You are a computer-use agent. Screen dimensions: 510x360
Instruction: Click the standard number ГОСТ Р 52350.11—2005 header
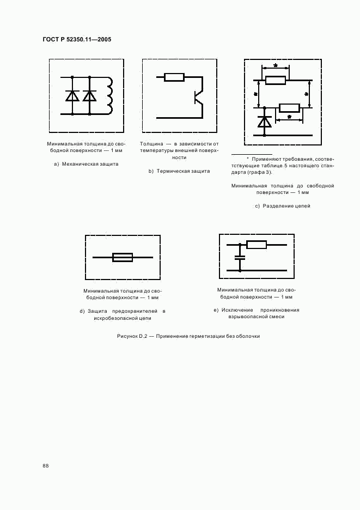coord(77,39)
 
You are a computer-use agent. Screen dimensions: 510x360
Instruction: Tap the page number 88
coord(46,466)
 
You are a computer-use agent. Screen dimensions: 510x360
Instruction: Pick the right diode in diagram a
coord(89,95)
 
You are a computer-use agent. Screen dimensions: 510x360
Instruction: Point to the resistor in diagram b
coord(174,77)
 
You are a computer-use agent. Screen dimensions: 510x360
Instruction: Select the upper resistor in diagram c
coord(276,81)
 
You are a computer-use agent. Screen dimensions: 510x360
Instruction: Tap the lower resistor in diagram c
coord(289,107)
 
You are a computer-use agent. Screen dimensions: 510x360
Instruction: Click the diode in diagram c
coord(265,122)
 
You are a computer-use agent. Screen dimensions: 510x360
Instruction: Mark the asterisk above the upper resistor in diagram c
coord(276,66)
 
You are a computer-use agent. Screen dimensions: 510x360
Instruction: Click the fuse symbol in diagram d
coord(123,257)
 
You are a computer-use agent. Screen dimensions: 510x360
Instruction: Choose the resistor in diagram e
coord(256,245)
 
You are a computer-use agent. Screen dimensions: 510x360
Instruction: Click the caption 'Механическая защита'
coord(90,164)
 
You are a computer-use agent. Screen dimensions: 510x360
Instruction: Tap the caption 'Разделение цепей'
coord(286,206)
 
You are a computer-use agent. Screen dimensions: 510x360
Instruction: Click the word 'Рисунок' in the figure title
coord(127,336)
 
